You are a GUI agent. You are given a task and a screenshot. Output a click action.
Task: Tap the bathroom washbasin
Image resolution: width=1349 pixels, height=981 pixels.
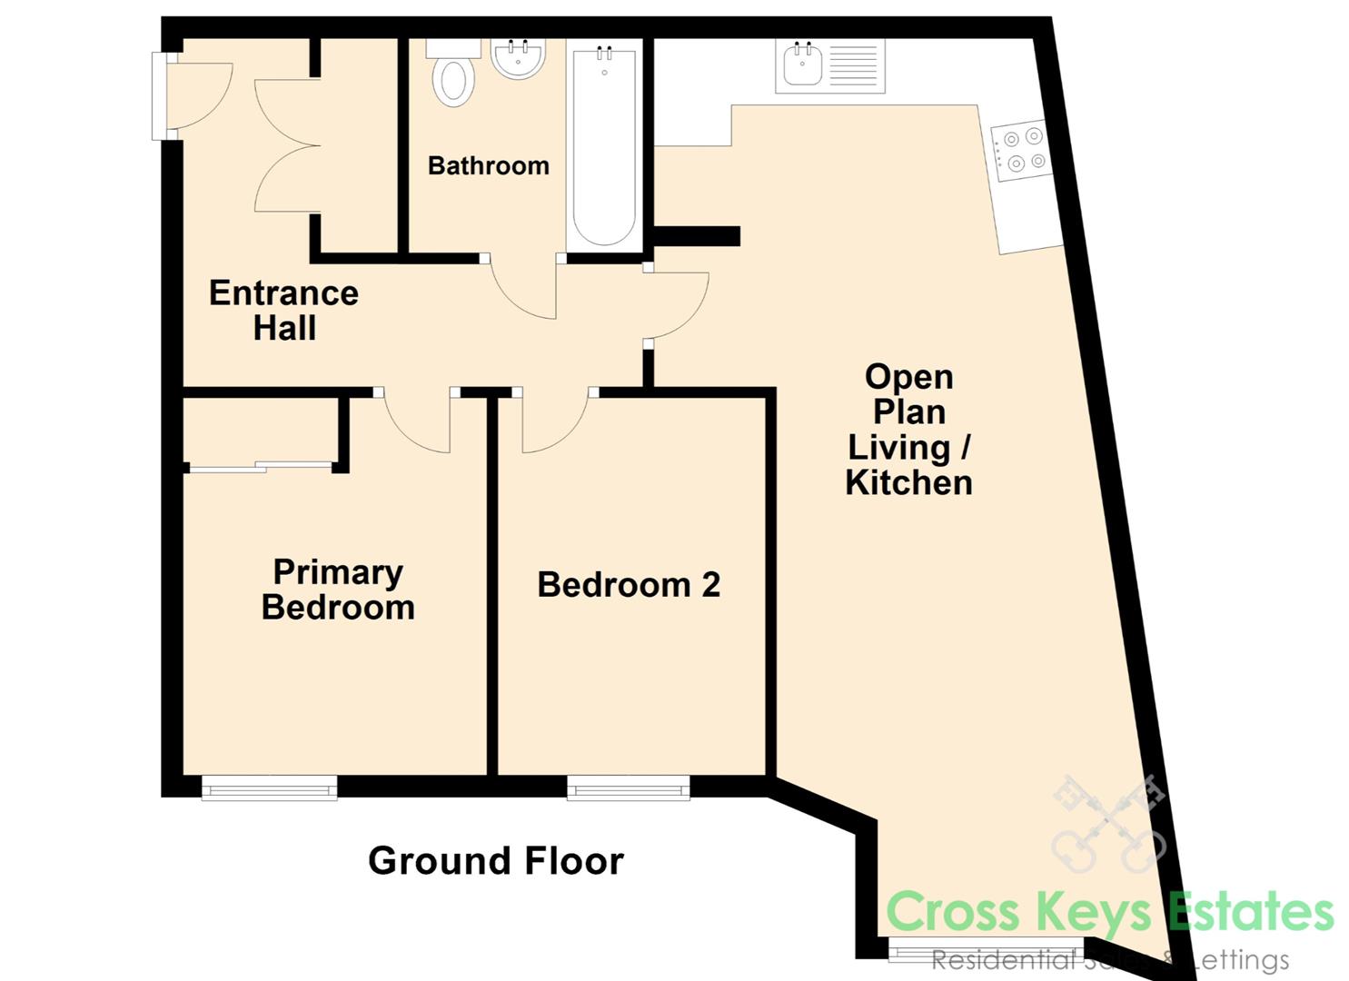coord(518,58)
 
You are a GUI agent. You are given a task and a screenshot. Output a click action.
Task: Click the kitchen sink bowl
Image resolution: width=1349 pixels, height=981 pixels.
coord(803,67)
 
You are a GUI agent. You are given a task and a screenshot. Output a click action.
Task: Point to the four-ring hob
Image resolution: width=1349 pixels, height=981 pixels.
coord(1022,150)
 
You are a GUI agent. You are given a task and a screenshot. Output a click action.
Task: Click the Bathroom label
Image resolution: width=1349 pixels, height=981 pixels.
coord(489,165)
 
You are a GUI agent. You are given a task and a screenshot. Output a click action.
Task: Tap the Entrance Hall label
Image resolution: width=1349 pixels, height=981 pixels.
coord(284,310)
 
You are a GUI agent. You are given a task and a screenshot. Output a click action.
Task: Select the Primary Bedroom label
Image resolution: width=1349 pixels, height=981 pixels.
coord(339,590)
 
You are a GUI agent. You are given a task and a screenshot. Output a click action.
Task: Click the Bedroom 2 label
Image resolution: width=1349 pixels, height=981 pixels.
coord(629,585)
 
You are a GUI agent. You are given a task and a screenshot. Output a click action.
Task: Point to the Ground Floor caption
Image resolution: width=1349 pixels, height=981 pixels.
coord(496,860)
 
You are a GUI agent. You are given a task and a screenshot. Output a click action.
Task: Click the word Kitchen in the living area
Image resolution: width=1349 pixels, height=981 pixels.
coord(909,483)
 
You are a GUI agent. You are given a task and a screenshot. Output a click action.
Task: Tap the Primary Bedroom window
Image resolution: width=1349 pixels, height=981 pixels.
coord(269,788)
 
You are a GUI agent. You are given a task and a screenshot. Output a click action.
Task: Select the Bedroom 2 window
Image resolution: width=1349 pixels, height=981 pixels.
coord(628,788)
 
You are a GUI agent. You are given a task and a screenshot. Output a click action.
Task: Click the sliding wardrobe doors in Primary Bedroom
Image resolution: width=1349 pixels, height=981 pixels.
coord(260,467)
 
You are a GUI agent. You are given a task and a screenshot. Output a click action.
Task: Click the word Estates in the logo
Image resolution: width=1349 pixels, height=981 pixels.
coord(1251,913)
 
